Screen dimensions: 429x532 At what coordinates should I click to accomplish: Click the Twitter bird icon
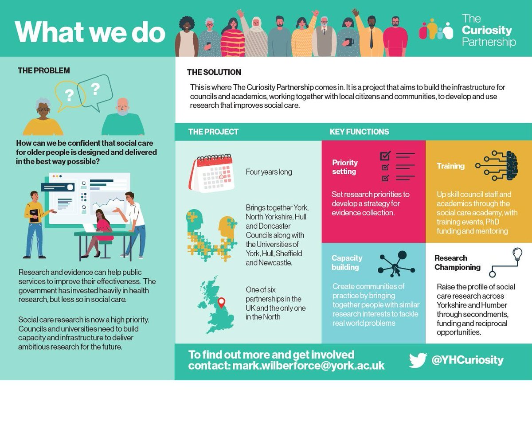pyautogui.click(x=418, y=360)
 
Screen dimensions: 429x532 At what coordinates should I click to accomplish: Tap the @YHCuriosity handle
pyautogui.click(x=467, y=360)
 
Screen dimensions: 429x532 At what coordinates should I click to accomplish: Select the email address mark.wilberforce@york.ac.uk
pyautogui.click(x=309, y=366)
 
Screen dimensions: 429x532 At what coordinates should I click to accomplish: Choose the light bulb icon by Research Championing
pyautogui.click(x=516, y=254)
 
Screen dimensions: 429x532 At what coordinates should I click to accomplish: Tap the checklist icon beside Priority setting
pyautogui.click(x=397, y=167)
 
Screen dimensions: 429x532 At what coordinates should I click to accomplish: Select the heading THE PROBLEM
pyautogui.click(x=43, y=70)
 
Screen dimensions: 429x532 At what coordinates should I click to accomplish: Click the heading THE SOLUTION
pyautogui.click(x=214, y=72)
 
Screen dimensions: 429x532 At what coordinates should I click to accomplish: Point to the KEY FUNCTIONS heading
pyautogui.click(x=359, y=132)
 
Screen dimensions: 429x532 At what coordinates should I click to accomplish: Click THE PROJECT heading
pyautogui.click(x=213, y=132)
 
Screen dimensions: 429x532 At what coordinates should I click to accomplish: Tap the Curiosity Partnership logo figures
pyautogui.click(x=436, y=30)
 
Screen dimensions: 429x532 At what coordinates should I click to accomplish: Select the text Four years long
pyautogui.click(x=269, y=172)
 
